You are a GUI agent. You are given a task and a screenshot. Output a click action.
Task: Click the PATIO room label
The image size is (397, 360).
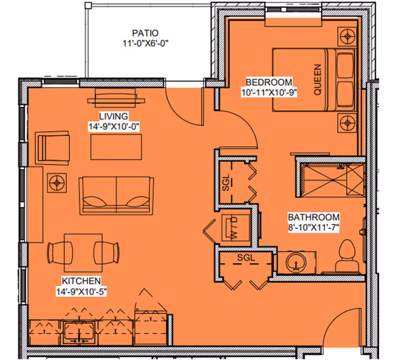tap(145, 33)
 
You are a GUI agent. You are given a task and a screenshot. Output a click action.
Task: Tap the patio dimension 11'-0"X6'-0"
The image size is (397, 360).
tap(145, 43)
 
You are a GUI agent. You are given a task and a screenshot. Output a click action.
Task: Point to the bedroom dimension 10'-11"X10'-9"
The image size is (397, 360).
tap(269, 93)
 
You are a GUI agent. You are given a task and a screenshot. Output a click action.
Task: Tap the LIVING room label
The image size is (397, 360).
tap(114, 116)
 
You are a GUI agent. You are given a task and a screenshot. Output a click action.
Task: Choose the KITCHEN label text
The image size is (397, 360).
tap(81, 281)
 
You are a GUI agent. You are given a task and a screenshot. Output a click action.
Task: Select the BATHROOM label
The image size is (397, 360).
tap(313, 217)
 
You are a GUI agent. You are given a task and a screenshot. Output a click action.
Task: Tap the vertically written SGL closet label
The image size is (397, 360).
tap(226, 181)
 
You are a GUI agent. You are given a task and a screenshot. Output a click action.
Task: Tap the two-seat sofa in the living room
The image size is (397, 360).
tap(116, 194)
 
